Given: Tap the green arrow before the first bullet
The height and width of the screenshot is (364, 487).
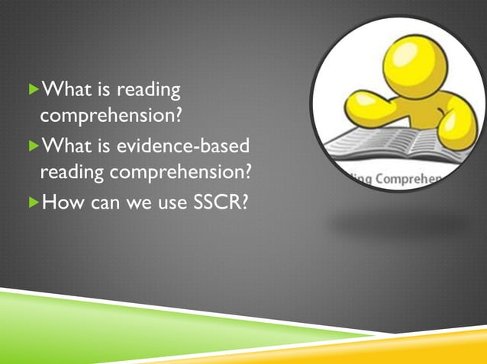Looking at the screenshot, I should [31, 91].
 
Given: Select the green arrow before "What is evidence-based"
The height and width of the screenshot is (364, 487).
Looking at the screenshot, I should [31, 144].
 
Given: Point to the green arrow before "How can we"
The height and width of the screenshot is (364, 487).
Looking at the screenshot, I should [31, 203].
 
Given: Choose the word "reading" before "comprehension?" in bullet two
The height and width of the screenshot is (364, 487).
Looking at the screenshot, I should [72, 173].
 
